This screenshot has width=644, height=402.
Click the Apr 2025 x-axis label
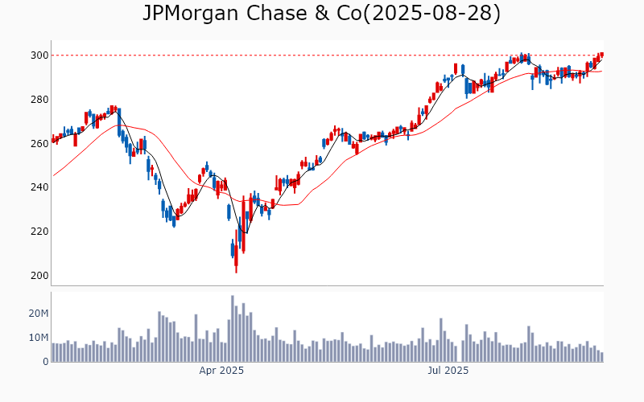(221, 371)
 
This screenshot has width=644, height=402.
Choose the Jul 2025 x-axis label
(448, 371)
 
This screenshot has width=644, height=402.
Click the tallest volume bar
(233, 329)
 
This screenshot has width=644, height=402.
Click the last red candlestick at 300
(601, 55)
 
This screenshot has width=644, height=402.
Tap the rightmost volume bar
(601, 357)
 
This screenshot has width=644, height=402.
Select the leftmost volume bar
(53, 352)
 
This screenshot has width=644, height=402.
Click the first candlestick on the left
(53, 139)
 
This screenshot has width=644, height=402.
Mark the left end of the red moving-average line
(53, 175)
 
